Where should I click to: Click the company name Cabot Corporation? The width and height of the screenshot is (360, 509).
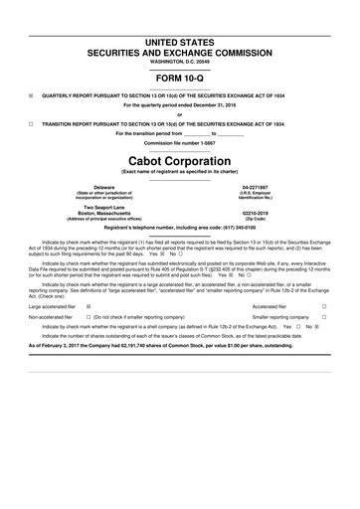click(180, 158)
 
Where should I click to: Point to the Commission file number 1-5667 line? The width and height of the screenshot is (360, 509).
click(180, 143)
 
